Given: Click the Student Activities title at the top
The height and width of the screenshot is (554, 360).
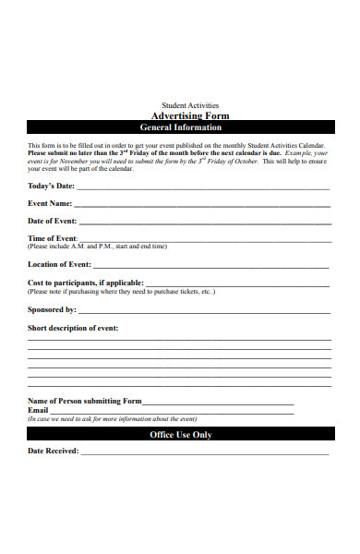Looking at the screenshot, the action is click(190, 105).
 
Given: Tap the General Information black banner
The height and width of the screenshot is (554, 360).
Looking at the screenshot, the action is click(180, 127).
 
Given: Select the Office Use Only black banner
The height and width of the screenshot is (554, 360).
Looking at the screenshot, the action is click(180, 434).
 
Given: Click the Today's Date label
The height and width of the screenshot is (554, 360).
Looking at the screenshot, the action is click(52, 186).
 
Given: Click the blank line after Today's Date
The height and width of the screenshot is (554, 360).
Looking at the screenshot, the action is click(203, 187).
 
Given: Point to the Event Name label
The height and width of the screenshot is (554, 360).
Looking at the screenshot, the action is click(50, 203).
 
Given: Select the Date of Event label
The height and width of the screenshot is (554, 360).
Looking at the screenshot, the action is click(53, 221).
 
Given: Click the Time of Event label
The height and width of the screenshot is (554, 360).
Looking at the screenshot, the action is click(53, 238).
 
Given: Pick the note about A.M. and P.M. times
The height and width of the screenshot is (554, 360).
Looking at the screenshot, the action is click(98, 247).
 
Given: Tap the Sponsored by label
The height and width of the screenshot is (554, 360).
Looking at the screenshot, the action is click(52, 309).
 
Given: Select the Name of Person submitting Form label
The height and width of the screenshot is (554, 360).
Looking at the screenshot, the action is click(85, 401).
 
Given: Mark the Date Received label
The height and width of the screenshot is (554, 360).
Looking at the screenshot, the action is click(53, 452).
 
